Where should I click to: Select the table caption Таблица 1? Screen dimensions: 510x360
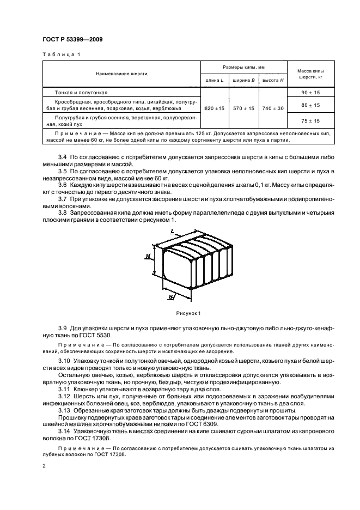(60, 54)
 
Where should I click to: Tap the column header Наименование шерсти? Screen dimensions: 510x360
(121, 73)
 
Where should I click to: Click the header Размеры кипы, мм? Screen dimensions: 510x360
(244, 66)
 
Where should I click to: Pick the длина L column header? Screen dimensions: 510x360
(215, 80)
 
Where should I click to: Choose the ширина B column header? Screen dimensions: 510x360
(244, 80)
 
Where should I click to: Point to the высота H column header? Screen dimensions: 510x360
(273, 80)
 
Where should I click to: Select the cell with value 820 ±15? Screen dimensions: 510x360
(215, 108)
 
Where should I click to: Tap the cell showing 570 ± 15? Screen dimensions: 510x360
(244, 108)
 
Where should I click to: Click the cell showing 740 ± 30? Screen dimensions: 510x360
(273, 108)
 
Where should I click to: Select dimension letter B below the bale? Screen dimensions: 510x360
(171, 297)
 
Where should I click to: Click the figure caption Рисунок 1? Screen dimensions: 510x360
(188, 313)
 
